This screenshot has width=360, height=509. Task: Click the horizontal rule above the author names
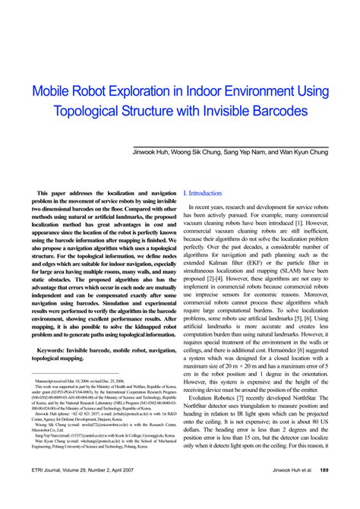242,145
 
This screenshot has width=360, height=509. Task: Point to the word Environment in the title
267,91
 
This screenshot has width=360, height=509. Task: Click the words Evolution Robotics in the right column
215,418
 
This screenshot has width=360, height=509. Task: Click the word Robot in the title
95,91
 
